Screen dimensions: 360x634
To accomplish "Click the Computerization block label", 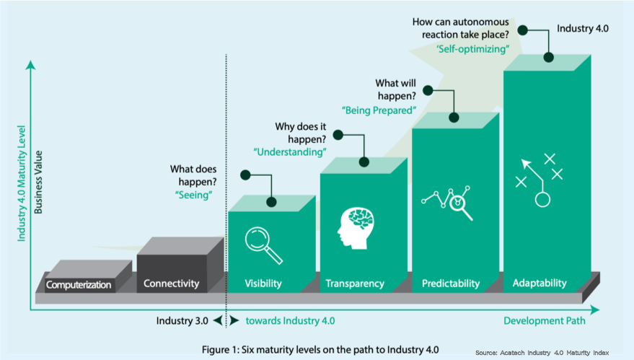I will pyautogui.click(x=79, y=285).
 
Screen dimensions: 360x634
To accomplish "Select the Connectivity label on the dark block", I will pyautogui.click(x=171, y=284).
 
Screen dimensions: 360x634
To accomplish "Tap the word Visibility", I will pyautogui.click(x=263, y=284).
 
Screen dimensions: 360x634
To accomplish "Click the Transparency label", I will pyautogui.click(x=355, y=284).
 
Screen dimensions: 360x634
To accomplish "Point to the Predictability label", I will pyautogui.click(x=451, y=284).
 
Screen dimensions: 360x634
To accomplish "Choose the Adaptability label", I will pyautogui.click(x=540, y=283).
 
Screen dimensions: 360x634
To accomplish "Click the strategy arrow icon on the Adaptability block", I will pyautogui.click(x=539, y=177).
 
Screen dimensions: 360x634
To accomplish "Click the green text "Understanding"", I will pyautogui.click(x=289, y=152).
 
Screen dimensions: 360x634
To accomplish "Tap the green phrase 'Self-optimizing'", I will pyautogui.click(x=472, y=49).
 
